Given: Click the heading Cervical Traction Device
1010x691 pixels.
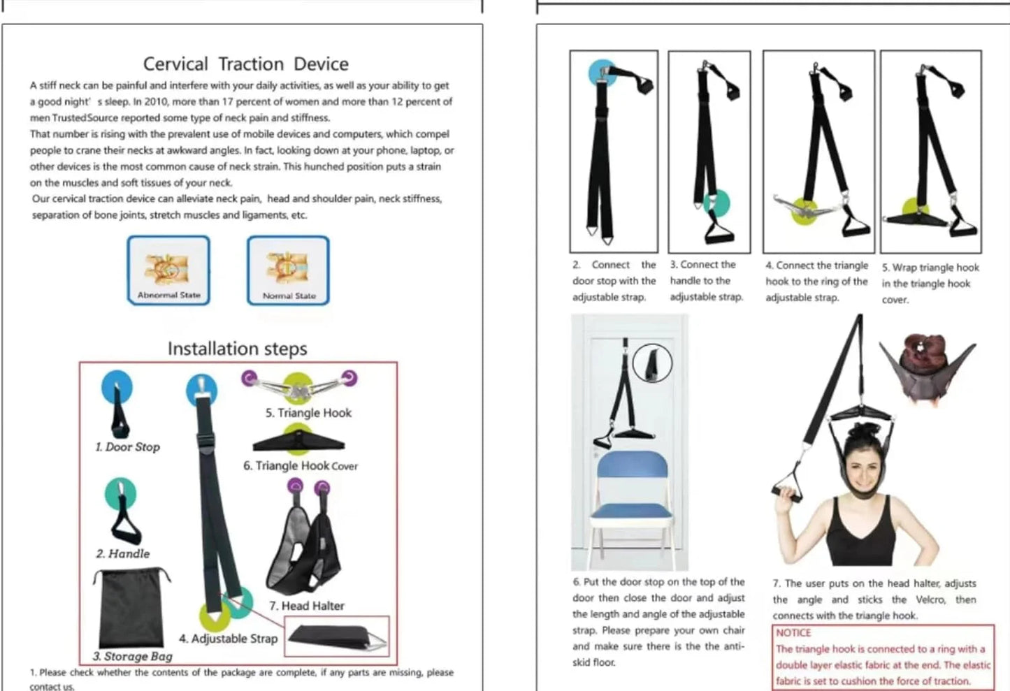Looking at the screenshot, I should pos(245,64).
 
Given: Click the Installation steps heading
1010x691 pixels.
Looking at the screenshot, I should pos(237,349).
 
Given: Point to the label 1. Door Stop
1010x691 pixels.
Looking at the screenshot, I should pos(128,447).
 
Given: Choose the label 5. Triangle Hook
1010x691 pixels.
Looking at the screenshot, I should pos(308,413).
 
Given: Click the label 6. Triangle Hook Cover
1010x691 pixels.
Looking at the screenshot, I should pos(301,466).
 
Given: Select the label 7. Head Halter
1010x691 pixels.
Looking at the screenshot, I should pos(307,606).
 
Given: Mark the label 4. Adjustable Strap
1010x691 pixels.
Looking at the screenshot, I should pos(228,639).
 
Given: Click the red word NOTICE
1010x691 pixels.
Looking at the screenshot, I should pos(793,633).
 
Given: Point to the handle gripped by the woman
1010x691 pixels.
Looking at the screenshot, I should pos(787,485).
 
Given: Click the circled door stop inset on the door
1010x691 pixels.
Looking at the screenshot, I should pos(652,363).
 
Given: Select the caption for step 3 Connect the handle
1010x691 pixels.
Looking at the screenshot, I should pos(706,281).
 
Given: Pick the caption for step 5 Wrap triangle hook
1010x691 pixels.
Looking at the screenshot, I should pos(930,284).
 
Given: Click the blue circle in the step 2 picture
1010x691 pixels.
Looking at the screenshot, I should pos(602,72).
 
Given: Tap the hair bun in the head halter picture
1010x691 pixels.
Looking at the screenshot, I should pos(923,353).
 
